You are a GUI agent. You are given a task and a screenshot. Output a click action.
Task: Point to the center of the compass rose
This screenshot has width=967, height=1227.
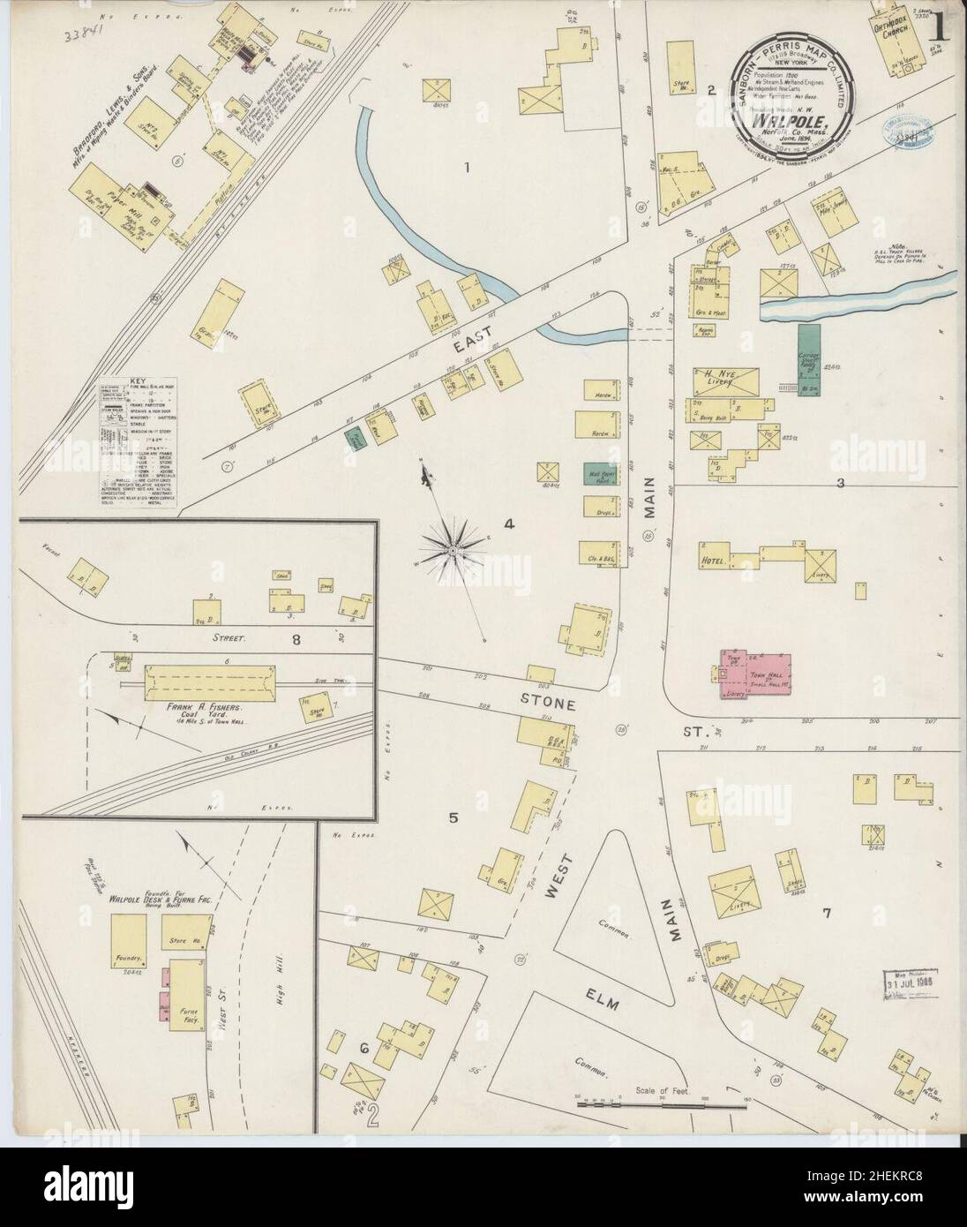451,551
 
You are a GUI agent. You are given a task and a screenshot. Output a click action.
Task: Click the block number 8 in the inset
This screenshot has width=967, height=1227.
296,639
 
